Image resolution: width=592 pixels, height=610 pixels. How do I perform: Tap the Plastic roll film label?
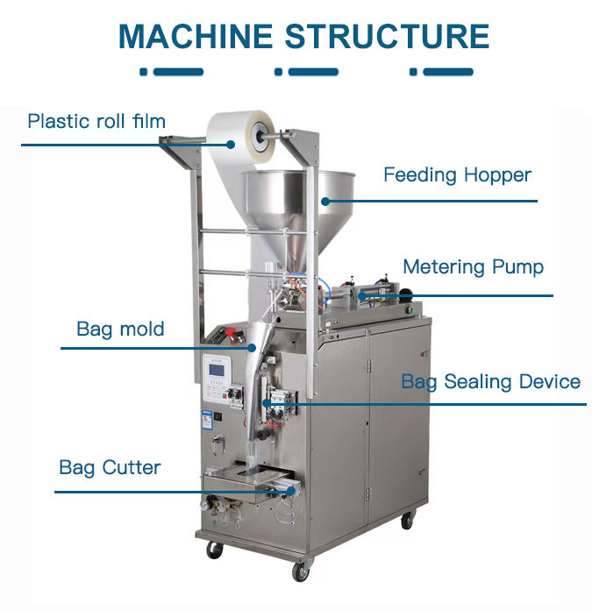[x=96, y=121]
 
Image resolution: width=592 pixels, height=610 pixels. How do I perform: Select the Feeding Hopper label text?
[x=457, y=175]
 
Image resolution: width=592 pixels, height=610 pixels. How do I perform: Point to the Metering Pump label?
[x=473, y=266]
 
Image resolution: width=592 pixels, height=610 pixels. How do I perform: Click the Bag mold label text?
[x=121, y=330]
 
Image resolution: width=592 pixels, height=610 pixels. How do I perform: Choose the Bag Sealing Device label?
[x=490, y=382]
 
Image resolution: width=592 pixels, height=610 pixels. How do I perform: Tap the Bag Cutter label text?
[x=110, y=467]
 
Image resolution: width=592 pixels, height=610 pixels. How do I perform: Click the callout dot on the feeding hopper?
[x=325, y=201]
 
